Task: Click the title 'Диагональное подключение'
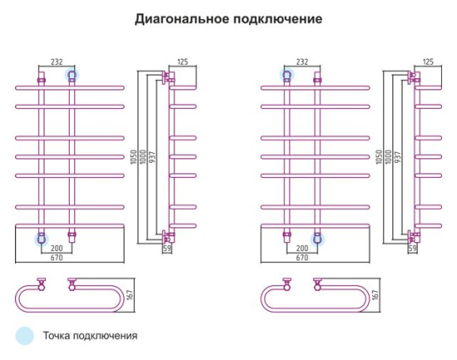tap(228, 18)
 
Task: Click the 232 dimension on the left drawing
tap(57, 62)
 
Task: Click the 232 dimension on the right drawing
tap(302, 62)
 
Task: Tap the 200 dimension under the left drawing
tap(57, 249)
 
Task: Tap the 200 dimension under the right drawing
tap(302, 249)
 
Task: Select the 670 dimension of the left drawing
tap(57, 257)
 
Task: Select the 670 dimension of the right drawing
tap(302, 257)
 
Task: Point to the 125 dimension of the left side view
tap(182, 62)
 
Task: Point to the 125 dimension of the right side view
tap(428, 62)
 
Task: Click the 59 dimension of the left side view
tap(168, 248)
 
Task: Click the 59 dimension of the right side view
tap(413, 248)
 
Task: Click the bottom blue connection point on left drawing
tap(41, 239)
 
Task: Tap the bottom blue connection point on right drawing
tap(317, 239)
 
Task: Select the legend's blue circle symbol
tap(25, 336)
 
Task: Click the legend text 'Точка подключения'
tap(92, 336)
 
